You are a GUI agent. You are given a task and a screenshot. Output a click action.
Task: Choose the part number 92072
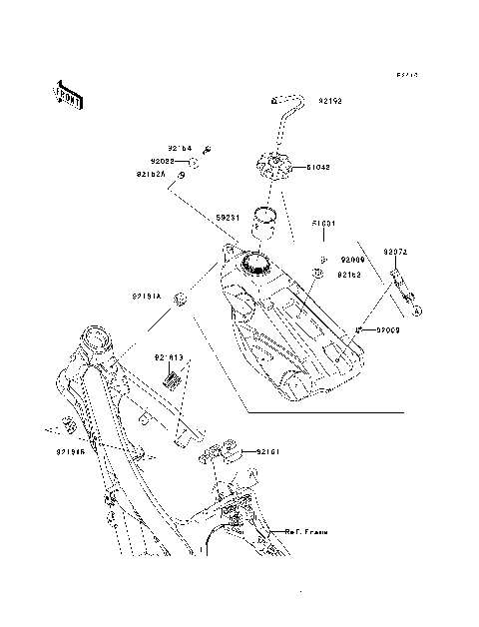[x=396, y=253]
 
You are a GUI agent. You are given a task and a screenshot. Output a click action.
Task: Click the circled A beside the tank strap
[x=418, y=312]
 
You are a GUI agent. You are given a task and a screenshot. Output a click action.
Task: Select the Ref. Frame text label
[x=305, y=533]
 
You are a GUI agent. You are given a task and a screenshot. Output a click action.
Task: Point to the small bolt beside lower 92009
[x=356, y=328]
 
